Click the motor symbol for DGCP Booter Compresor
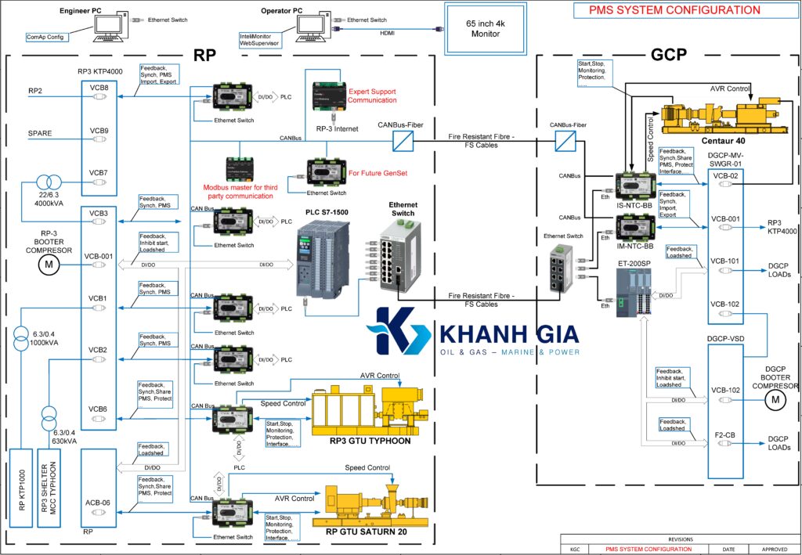point(775,400)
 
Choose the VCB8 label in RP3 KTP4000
point(99,87)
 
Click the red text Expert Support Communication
point(372,96)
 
